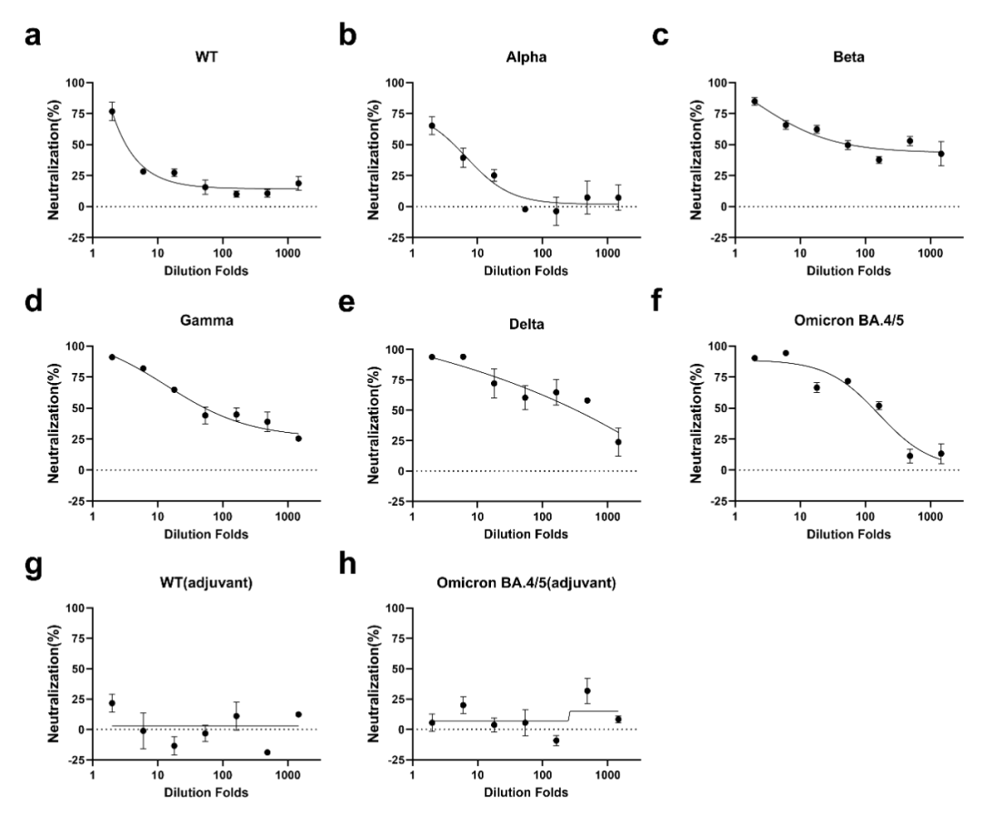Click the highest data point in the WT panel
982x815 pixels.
(112, 112)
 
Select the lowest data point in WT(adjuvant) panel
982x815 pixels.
(267, 752)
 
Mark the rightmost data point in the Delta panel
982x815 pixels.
(617, 442)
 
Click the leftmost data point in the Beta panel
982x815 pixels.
(755, 101)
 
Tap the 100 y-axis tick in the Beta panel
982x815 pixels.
(717, 83)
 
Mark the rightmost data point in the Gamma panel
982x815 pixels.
(297, 438)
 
